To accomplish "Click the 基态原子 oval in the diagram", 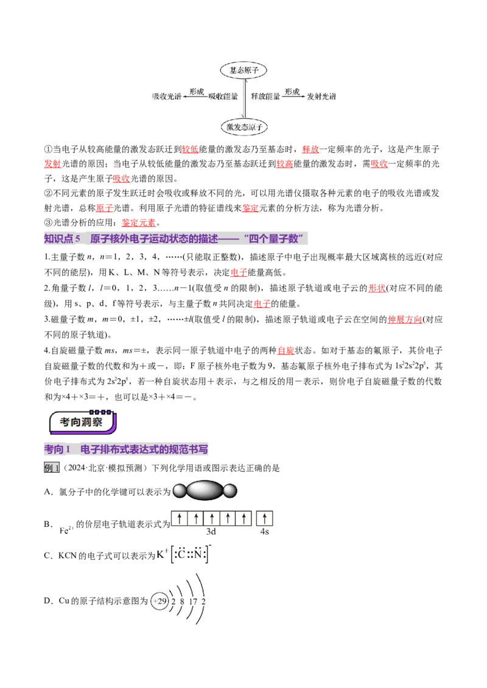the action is pyautogui.click(x=243, y=71).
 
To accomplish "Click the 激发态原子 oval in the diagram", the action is pyautogui.click(x=244, y=127).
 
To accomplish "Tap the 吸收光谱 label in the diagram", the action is pyautogui.click(x=167, y=97).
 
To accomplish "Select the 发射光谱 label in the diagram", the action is pyautogui.click(x=321, y=97).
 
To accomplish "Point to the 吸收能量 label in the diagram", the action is pyautogui.click(x=223, y=97).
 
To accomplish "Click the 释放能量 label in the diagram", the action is pyautogui.click(x=265, y=97).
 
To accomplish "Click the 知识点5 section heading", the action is pyautogui.click(x=175, y=239).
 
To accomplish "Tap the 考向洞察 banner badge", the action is pyautogui.click(x=83, y=422).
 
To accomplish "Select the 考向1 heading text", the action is pyautogui.click(x=126, y=449).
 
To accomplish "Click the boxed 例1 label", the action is pyautogui.click(x=51, y=468).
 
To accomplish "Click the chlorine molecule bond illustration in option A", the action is pyautogui.click(x=205, y=490).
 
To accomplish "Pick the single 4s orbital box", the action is pyautogui.click(x=264, y=518).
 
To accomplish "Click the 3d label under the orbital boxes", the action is pyautogui.click(x=211, y=531).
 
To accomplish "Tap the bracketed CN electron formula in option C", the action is pyautogui.click(x=191, y=554).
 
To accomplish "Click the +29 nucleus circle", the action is pyautogui.click(x=159, y=601).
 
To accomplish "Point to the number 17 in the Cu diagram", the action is pyautogui.click(x=193, y=602).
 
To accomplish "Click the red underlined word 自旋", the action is pyautogui.click(x=286, y=351).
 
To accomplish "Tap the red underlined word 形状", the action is pyautogui.click(x=377, y=288).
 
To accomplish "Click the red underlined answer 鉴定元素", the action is pyautogui.click(x=139, y=223).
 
